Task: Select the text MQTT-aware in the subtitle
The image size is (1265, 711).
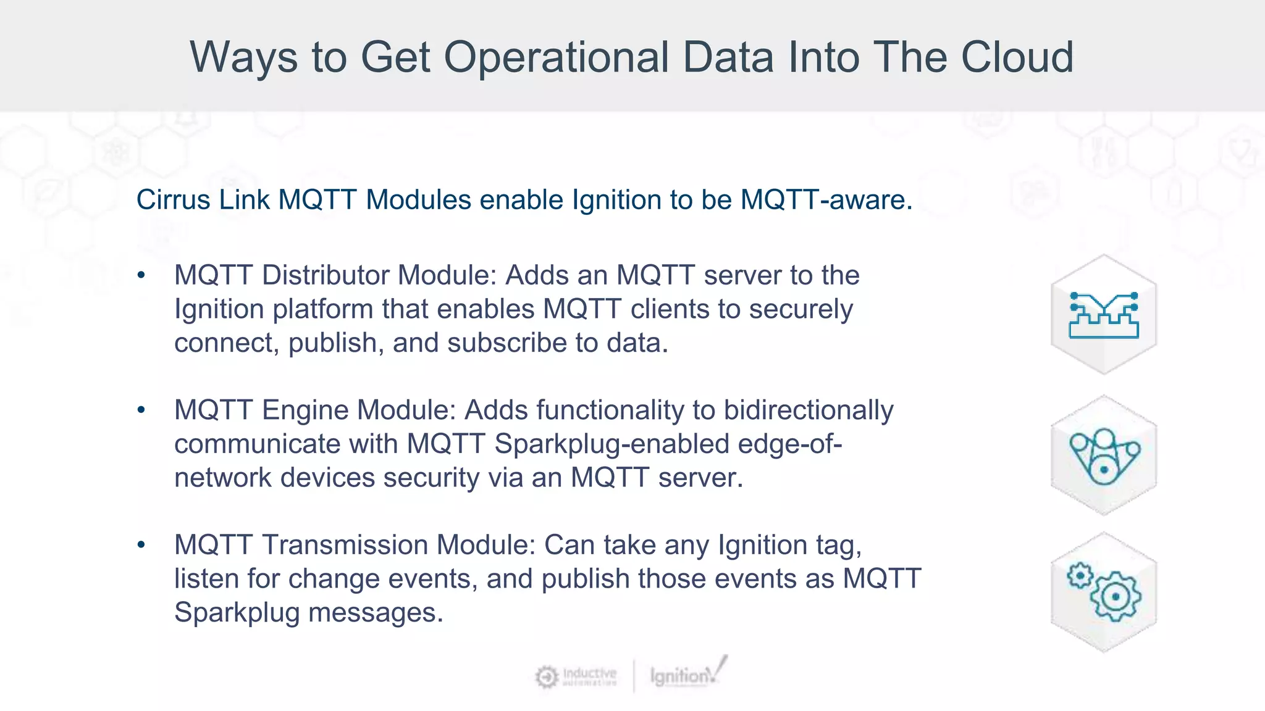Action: click(826, 200)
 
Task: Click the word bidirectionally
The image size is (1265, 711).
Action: click(808, 410)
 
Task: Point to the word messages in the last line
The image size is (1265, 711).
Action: click(375, 613)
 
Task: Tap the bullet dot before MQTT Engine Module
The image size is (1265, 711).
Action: click(141, 410)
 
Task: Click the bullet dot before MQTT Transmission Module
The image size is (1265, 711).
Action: click(141, 544)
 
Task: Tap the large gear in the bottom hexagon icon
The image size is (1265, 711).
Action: click(1115, 597)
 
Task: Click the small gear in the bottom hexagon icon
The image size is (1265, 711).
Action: click(1080, 576)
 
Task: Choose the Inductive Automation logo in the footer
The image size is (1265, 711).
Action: click(576, 676)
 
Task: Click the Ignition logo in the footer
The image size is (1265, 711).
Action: click(687, 674)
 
